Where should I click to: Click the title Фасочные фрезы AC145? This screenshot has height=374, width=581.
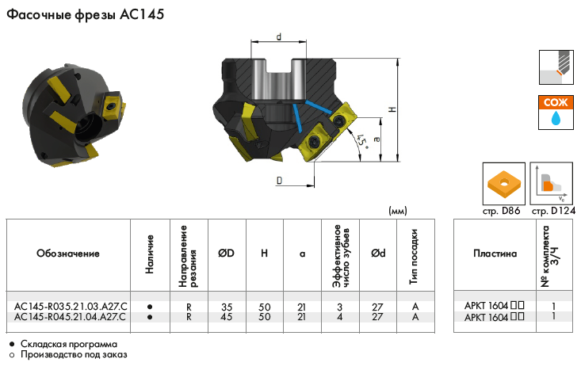pyautogui.click(x=86, y=14)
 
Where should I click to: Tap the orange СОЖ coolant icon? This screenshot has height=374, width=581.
pyautogui.click(x=556, y=113)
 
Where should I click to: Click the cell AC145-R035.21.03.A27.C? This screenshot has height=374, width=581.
pyautogui.click(x=71, y=307)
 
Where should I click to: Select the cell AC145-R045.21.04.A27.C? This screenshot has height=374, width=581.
pyautogui.click(x=71, y=317)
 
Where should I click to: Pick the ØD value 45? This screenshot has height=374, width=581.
pyautogui.click(x=227, y=317)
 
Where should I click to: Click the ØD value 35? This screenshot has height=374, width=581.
pyautogui.click(x=227, y=307)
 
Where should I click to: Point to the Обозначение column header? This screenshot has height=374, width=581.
pyautogui.click(x=68, y=254)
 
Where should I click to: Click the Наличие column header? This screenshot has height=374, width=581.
pyautogui.click(x=149, y=254)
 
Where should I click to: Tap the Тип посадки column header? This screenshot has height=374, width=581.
pyautogui.click(x=414, y=257)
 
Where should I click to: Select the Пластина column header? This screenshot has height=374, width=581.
pyautogui.click(x=495, y=254)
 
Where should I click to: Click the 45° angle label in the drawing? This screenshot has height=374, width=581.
pyautogui.click(x=362, y=142)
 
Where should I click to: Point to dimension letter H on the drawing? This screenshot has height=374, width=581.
pyautogui.click(x=392, y=109)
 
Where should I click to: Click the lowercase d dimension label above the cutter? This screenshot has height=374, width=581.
pyautogui.click(x=279, y=36)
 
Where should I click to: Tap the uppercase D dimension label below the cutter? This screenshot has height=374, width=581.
pyautogui.click(x=279, y=181)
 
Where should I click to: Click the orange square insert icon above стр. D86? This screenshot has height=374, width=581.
pyautogui.click(x=503, y=183)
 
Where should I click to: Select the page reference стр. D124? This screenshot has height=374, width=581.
pyautogui.click(x=553, y=211)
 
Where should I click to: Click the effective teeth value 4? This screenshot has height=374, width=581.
pyautogui.click(x=340, y=317)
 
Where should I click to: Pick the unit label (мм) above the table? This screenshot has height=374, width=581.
pyautogui.click(x=398, y=211)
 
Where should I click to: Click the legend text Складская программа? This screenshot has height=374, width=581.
pyautogui.click(x=69, y=344)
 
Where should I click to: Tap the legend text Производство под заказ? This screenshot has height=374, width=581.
pyautogui.click(x=74, y=354)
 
